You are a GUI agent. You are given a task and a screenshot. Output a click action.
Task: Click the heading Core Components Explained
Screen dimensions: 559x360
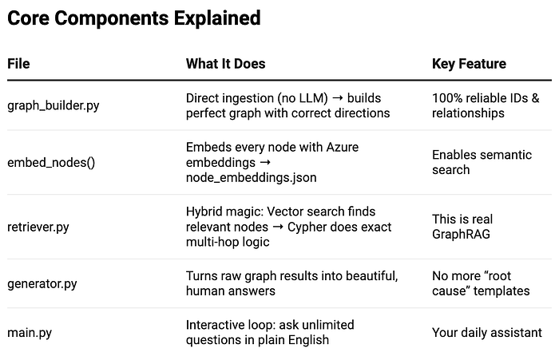pos(134,18)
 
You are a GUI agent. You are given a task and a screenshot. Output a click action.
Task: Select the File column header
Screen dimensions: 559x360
pos(18,64)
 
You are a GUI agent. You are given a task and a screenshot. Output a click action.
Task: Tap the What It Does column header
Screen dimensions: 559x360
pos(226,64)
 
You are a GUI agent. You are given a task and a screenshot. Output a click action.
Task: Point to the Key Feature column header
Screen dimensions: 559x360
pos(470,64)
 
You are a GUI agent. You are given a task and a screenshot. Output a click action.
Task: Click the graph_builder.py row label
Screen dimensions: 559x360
pos(54,105)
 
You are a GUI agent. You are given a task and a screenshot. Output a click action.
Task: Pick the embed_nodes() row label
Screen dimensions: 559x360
pos(51,163)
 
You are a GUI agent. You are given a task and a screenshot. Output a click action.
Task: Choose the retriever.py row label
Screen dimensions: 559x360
pos(38,227)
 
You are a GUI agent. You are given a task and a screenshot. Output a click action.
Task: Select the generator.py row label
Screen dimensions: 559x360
pos(42,283)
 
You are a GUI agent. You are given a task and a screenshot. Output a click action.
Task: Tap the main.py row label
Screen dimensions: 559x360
pos(30,333)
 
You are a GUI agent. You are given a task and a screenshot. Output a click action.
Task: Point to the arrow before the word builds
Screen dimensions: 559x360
pos(338,98)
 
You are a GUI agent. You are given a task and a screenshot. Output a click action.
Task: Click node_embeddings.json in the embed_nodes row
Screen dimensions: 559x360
pos(252,177)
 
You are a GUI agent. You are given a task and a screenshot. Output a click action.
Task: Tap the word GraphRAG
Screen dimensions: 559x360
pos(461,234)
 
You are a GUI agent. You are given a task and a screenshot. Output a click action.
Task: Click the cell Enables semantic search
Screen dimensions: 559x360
pos(482,162)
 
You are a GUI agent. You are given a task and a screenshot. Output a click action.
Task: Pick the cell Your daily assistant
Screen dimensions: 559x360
pos(487,333)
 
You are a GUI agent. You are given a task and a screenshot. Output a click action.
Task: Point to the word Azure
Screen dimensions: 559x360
pos(343,147)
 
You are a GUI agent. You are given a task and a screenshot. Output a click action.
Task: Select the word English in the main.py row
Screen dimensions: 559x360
pos(308,340)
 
